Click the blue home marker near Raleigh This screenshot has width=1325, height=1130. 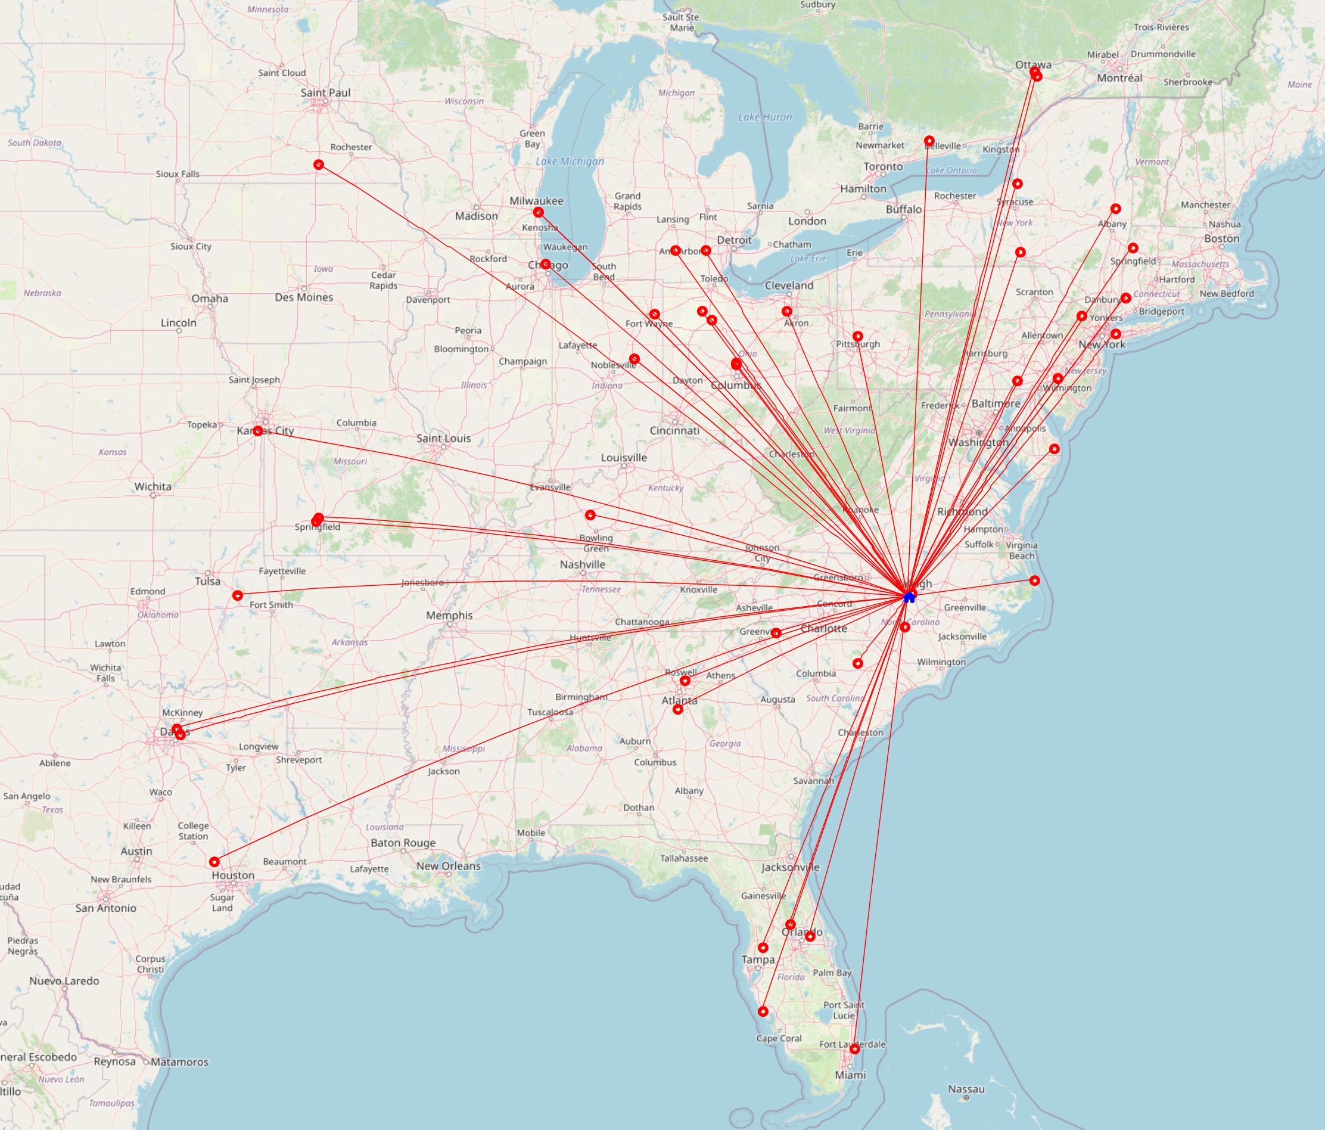(x=909, y=597)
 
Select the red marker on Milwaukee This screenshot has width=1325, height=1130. (x=539, y=212)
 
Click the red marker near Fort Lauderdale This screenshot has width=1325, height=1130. (x=854, y=1049)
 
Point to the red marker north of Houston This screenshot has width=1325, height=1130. (x=214, y=861)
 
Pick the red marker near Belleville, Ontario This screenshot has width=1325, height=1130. (x=929, y=141)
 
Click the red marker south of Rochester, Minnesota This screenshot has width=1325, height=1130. (x=319, y=165)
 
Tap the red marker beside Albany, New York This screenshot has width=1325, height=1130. (x=1116, y=209)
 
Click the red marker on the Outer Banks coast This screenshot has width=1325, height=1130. (x=1035, y=580)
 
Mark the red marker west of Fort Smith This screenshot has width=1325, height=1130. (x=238, y=595)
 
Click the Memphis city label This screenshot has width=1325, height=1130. (x=450, y=615)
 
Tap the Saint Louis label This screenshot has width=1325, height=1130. (x=443, y=438)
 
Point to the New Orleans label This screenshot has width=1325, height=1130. (x=448, y=866)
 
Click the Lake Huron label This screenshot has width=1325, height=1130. (x=765, y=117)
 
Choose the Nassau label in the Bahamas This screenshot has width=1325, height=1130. (x=966, y=1088)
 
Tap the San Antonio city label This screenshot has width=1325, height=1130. (x=105, y=908)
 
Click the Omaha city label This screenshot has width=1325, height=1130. (x=210, y=298)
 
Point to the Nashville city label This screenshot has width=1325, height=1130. (x=582, y=564)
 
